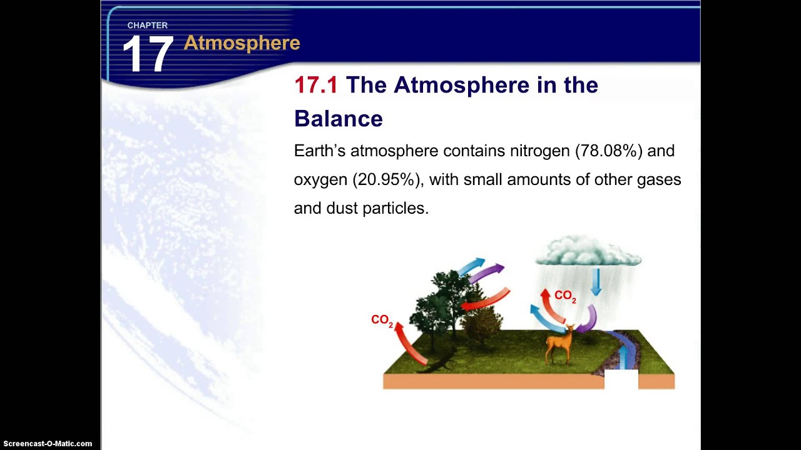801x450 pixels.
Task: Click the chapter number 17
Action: coord(147,55)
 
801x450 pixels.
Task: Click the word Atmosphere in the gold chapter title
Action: coord(242,43)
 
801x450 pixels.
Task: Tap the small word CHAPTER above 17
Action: coord(147,26)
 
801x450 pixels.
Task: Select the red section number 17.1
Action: coord(315,86)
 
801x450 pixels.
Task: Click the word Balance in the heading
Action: coord(338,119)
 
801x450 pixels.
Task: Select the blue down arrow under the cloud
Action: coord(596,282)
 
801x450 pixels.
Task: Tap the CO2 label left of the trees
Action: coord(382,320)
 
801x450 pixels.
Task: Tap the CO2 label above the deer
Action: coord(564,296)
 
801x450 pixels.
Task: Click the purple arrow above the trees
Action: coord(487,272)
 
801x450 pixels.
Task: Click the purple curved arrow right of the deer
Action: coord(588,319)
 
